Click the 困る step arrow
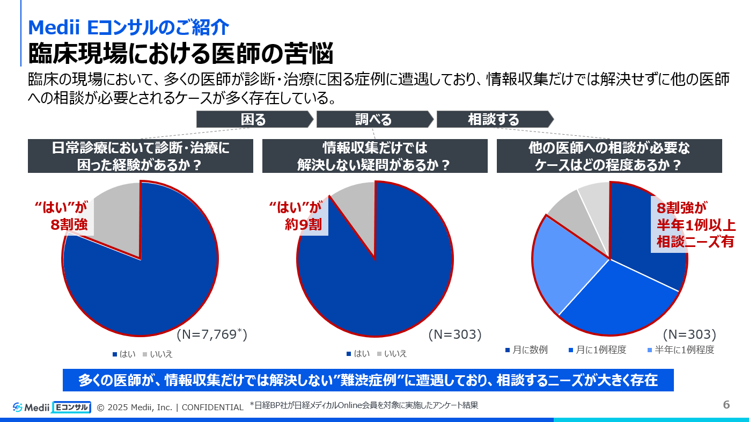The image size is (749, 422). (x=254, y=119)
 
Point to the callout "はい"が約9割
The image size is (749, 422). (x=298, y=216)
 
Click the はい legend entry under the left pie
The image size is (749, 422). (x=124, y=354)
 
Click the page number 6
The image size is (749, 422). (x=726, y=405)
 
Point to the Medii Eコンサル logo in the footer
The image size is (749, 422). (x=52, y=407)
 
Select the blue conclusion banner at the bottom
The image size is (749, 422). (x=368, y=380)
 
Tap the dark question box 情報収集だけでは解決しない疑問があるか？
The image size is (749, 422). (x=374, y=156)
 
